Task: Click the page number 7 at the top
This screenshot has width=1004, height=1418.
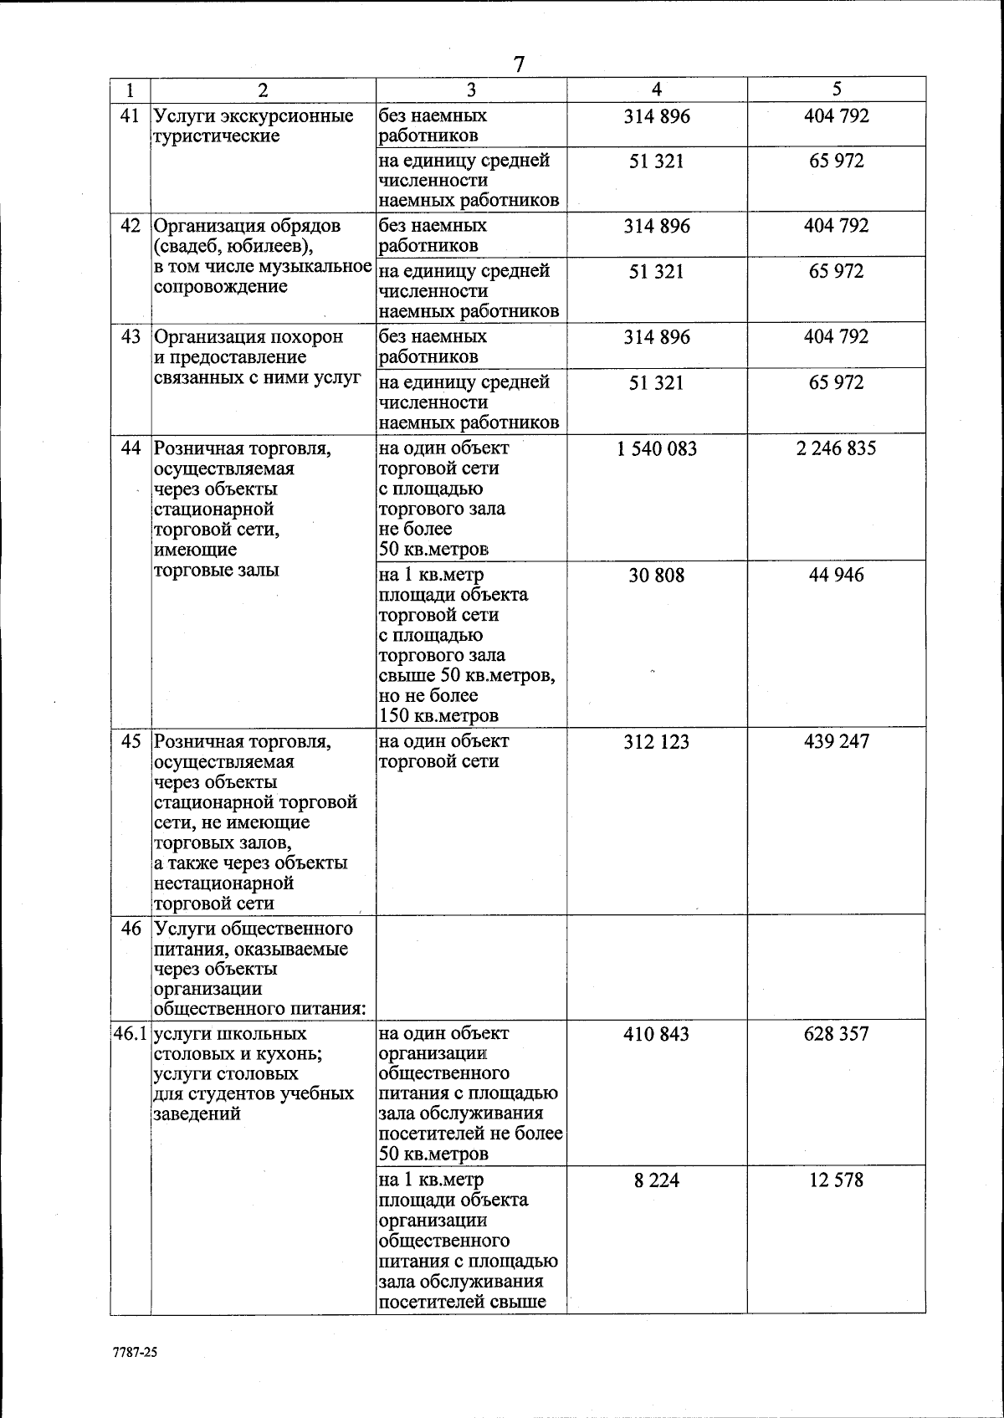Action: (519, 64)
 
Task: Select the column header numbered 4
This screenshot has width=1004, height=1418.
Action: (657, 90)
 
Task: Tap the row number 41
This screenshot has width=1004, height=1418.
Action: (130, 116)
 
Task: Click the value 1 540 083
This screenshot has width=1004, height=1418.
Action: (657, 448)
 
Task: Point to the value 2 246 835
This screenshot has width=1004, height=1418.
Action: (837, 448)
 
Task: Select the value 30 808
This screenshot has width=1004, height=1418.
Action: (657, 576)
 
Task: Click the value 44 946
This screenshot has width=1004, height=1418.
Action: (837, 576)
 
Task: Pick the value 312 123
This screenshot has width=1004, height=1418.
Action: (657, 742)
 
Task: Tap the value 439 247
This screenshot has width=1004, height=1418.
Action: (837, 742)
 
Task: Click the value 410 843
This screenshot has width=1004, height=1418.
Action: (657, 1035)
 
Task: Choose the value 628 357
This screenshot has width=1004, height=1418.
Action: (837, 1035)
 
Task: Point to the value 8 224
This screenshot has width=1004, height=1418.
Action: (657, 1180)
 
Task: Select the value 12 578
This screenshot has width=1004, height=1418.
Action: (837, 1180)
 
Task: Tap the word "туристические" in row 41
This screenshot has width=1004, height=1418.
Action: (217, 136)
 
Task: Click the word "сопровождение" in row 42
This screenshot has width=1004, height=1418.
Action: (221, 287)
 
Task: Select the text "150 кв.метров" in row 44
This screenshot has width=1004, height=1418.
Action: (438, 716)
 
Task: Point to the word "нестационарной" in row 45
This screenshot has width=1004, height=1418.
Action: (223, 883)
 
